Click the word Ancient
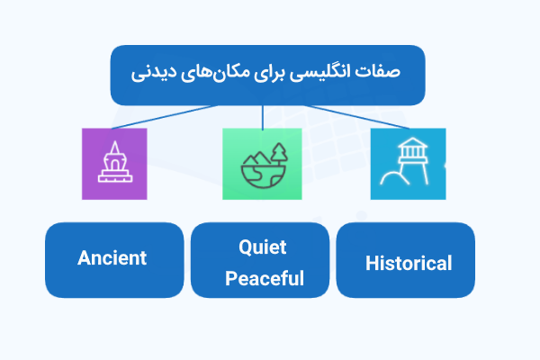coord(112,258)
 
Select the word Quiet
coord(264,247)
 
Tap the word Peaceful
coord(265,278)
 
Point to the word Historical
coord(409,264)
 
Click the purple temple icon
coord(114,163)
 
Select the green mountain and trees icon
coord(262,163)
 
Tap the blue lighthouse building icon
coord(407,163)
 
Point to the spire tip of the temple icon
coord(114,142)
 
